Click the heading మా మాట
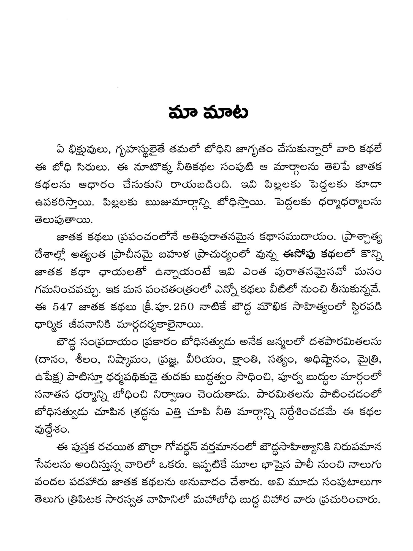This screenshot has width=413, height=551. point(208,113)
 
